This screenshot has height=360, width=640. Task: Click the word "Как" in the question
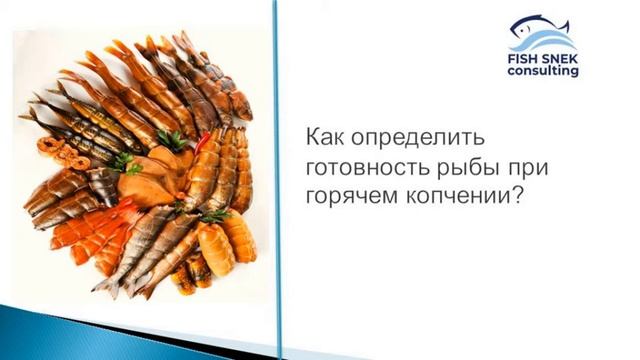(x=323, y=135)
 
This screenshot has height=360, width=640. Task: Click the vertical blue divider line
(x=277, y=180)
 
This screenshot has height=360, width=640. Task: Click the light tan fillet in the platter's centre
(x=150, y=185)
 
